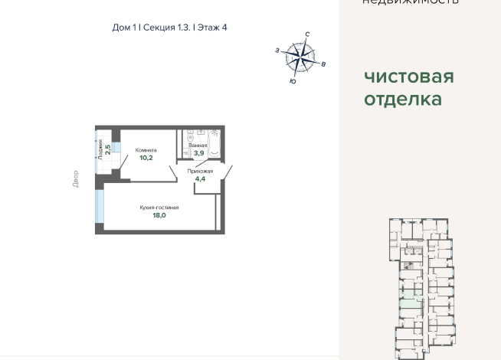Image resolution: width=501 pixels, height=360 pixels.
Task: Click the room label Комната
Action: [x=146, y=150]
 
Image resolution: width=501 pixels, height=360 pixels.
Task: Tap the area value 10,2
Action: [x=146, y=159]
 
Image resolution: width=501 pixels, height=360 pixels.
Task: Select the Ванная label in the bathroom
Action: [x=198, y=145]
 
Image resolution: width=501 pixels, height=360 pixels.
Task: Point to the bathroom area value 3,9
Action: [x=198, y=153]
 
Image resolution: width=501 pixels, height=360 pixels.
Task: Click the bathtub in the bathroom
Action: [x=214, y=145]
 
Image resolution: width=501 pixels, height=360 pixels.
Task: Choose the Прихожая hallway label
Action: [x=200, y=172]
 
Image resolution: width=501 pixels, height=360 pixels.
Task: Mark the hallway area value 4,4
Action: [x=200, y=179]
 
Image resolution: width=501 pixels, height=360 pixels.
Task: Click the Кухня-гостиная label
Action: [x=159, y=208]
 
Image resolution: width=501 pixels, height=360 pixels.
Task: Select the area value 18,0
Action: [x=159, y=216]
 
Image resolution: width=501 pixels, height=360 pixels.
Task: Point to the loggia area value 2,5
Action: [x=109, y=149]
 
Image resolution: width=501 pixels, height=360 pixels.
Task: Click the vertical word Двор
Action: [x=76, y=179]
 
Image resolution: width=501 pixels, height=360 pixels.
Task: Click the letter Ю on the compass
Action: [x=293, y=80]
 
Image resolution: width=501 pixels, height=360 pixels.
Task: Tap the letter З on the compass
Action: [x=277, y=50]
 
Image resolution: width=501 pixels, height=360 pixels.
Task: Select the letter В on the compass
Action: [x=324, y=64]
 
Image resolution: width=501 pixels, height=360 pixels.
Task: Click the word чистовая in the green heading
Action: [x=409, y=77]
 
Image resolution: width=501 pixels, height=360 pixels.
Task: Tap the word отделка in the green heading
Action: [x=403, y=100]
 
